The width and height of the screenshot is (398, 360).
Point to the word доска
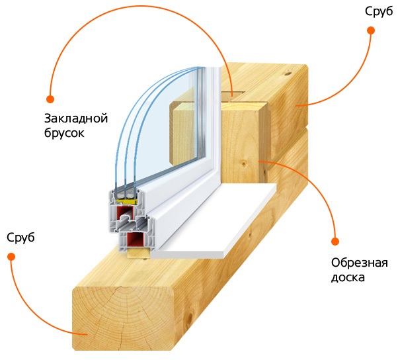[348, 277]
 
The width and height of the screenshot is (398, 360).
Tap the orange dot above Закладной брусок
[50, 99]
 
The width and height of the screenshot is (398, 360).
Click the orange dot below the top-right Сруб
[372, 30]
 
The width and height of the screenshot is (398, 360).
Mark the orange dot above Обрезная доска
[335, 242]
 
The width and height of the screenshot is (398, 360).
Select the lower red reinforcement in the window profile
[137, 240]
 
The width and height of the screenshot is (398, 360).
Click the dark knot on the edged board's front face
[242, 163]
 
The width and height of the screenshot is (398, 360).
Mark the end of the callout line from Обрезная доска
[260, 159]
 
